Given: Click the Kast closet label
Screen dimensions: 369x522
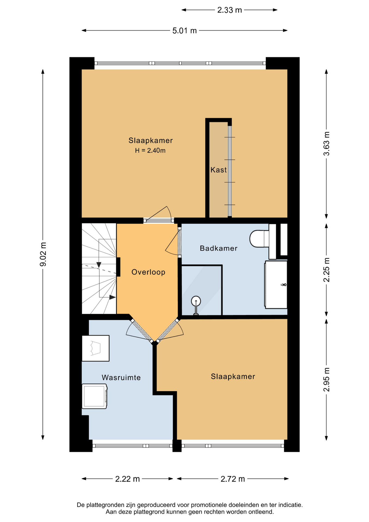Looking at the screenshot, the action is coord(218,170).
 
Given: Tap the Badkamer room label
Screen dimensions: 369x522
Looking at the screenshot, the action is coord(218,248).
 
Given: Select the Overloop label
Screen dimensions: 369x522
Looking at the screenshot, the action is coord(148,272).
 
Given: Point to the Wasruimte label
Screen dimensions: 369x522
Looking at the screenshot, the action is coord(121,378).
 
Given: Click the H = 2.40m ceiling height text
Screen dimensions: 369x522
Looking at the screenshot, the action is coord(150,151).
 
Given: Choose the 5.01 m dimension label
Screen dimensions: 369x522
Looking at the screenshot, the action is coord(184,31).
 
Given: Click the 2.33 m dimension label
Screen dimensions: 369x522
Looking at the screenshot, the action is coord(230,10).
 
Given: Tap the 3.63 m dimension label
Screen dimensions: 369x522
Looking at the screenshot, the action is coord(326,144).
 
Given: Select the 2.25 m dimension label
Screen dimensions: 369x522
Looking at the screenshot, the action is coord(326,270).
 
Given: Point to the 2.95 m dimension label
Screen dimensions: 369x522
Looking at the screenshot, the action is coord(326,380).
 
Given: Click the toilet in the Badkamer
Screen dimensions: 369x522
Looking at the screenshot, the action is coord(259,239).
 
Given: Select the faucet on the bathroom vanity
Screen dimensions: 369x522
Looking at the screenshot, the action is coord(284,285).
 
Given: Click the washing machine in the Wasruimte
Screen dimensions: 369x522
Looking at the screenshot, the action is coord(95,396).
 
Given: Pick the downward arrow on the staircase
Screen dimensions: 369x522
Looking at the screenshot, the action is coord(99,265).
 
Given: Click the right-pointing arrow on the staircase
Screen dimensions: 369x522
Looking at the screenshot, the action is coord(112,297).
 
